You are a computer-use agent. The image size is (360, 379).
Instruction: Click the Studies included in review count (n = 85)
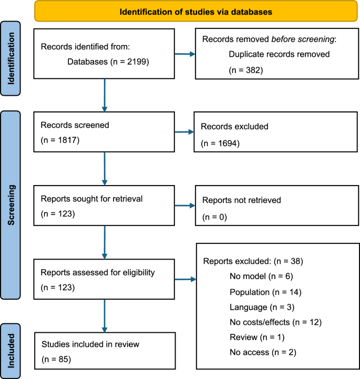pyautogui.click(x=56, y=360)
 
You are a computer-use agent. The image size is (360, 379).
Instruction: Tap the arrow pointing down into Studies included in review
pyautogui.click(x=105, y=316)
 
